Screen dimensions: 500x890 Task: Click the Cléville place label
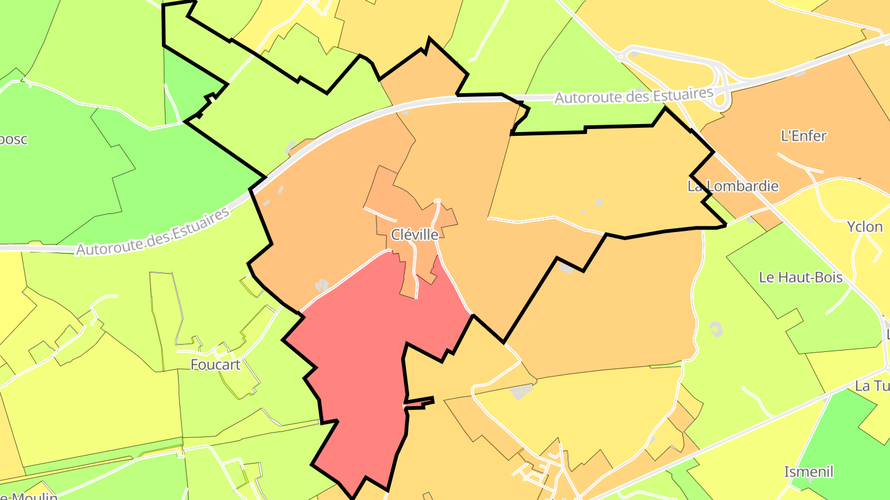click(x=415, y=235)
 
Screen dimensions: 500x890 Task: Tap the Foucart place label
click(x=215, y=364)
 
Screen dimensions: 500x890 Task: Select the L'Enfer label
click(x=803, y=136)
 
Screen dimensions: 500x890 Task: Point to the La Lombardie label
click(x=733, y=186)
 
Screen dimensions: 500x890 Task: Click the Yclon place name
click(x=865, y=227)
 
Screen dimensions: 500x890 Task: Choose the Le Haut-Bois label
click(x=800, y=277)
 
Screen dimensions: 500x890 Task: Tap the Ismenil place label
click(x=808, y=472)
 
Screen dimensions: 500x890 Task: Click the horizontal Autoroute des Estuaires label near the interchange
click(x=634, y=96)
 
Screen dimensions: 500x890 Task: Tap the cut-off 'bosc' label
click(x=14, y=139)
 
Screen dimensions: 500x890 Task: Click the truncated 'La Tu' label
click(x=871, y=386)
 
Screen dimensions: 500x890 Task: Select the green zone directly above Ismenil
click(x=841, y=432)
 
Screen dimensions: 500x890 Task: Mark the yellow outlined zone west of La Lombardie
click(x=593, y=179)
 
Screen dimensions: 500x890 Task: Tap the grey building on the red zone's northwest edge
click(x=321, y=285)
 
